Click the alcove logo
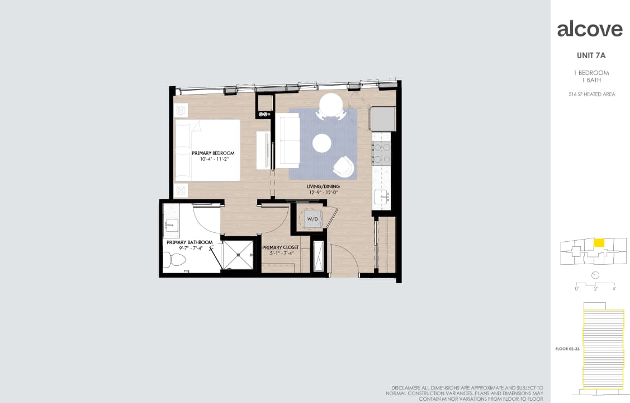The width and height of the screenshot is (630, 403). pos(590,29)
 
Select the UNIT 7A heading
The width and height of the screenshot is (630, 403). pos(591,55)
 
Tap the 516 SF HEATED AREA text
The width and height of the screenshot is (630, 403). pos(591,94)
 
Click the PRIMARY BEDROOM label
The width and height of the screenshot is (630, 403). pos(212,153)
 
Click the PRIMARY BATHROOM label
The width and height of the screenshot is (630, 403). pos(190,242)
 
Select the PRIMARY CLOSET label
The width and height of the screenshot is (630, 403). pos(281,247)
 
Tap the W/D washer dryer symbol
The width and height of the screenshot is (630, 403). pos(311,218)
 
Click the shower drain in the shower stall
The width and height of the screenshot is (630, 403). pos(238,255)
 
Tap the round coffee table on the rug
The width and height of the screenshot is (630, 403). pos(322,143)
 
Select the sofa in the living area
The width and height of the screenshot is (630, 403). pos(287,142)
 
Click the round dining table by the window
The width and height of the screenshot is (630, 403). pos(331,105)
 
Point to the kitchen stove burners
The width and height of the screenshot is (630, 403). pos(381,154)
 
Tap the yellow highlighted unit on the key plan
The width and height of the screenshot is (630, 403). pos(599,243)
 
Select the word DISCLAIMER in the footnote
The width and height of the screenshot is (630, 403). pos(406,387)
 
